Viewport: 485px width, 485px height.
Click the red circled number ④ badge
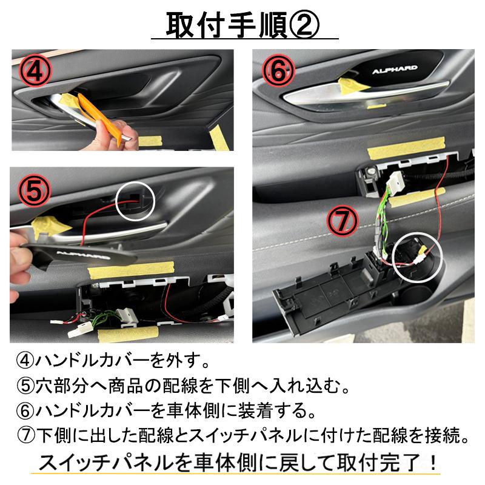(x=36, y=71)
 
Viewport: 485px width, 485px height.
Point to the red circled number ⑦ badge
(x=343, y=221)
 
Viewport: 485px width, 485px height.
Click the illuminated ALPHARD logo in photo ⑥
(x=395, y=70)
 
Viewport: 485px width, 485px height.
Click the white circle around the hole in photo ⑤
(x=135, y=202)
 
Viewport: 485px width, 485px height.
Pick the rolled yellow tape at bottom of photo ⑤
(x=129, y=334)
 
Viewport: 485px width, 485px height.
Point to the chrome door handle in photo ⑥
(x=365, y=95)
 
